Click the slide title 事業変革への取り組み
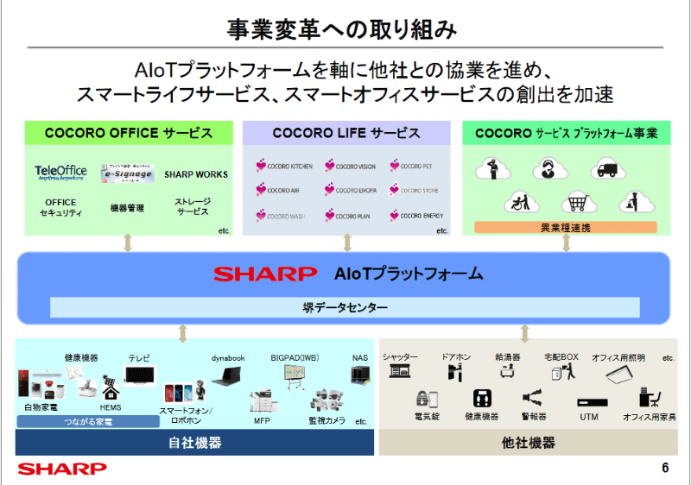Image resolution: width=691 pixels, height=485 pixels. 345,29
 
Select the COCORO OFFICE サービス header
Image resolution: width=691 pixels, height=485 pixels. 130,133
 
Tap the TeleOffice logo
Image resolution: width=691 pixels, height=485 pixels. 60,173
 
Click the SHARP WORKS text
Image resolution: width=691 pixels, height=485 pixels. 195,173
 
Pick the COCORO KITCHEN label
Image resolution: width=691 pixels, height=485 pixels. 284,165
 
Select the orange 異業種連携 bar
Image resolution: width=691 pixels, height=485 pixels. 567,228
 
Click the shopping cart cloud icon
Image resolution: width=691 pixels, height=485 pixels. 575,202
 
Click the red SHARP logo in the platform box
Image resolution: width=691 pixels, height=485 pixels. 265,274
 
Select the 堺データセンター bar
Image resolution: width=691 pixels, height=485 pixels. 345,306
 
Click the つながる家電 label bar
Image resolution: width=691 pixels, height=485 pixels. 88,422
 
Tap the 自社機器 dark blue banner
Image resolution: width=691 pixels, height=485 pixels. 194,443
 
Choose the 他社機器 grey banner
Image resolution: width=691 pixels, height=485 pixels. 528,443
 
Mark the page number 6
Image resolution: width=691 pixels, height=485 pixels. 665,469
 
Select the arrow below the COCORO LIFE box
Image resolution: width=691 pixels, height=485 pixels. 346,243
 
